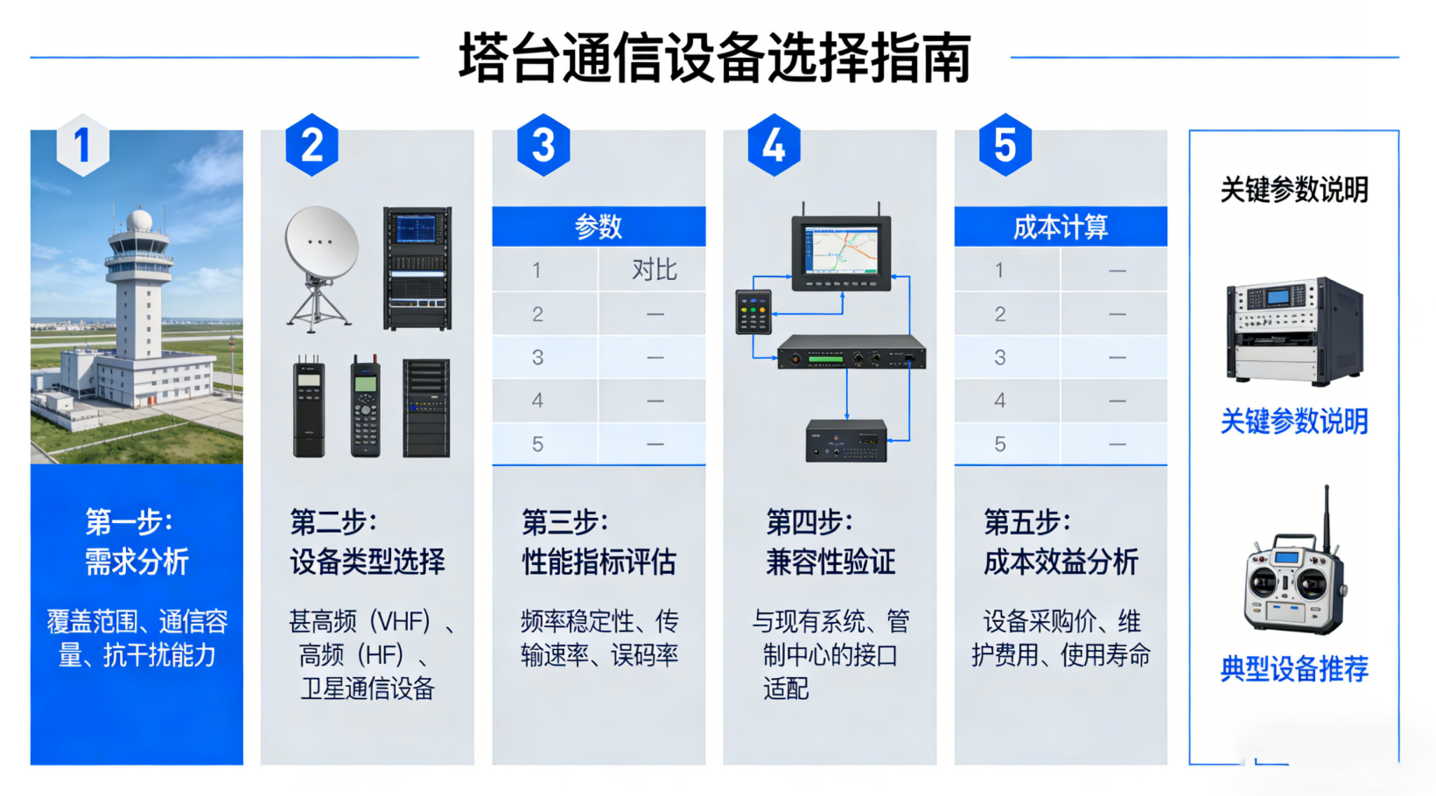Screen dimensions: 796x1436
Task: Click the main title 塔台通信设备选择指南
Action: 715,59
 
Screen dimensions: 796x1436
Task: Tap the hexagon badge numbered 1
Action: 82,145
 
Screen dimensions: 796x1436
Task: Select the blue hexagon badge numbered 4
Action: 774,145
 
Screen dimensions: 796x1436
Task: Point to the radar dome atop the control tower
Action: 138,220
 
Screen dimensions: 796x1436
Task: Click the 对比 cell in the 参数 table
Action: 654,270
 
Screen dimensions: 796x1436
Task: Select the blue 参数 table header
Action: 599,227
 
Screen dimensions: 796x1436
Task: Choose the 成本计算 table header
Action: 1060,227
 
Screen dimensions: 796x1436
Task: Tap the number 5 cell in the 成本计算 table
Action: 999,444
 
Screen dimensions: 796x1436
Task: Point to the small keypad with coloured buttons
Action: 753,311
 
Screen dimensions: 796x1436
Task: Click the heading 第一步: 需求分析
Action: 137,542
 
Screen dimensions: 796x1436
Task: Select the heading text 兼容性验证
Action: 830,562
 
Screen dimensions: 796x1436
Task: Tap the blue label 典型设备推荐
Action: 1293,669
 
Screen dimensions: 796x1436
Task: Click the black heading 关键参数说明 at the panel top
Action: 1293,190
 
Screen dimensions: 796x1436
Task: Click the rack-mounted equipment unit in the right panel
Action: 1293,331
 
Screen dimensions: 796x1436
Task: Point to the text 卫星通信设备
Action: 368,689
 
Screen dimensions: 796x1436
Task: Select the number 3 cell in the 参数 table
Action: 537,358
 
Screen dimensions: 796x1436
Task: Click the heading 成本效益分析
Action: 1060,562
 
